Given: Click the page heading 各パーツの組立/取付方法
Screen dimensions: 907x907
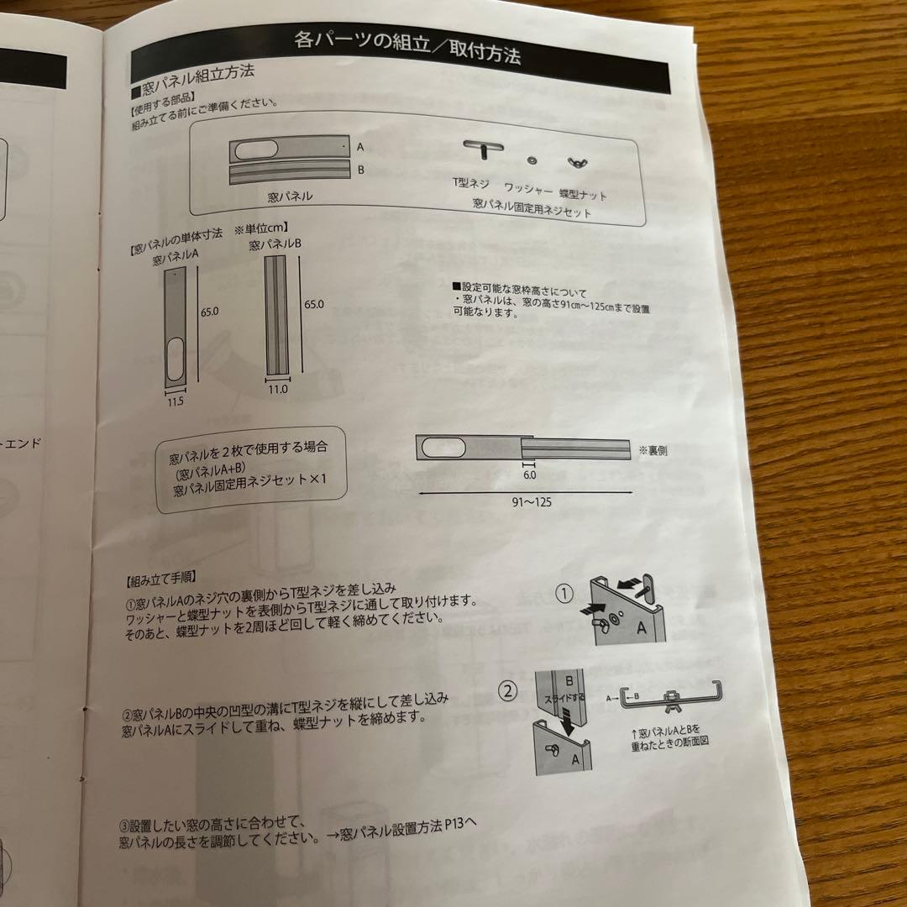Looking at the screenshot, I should coord(407,47).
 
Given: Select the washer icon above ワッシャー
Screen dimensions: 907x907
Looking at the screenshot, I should coord(532,160).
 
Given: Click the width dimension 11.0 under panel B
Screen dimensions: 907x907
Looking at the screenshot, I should coord(278,390).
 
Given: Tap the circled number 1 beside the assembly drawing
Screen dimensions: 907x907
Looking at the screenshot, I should coord(564,595).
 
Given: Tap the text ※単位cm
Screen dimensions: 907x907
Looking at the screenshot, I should coord(261,227).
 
